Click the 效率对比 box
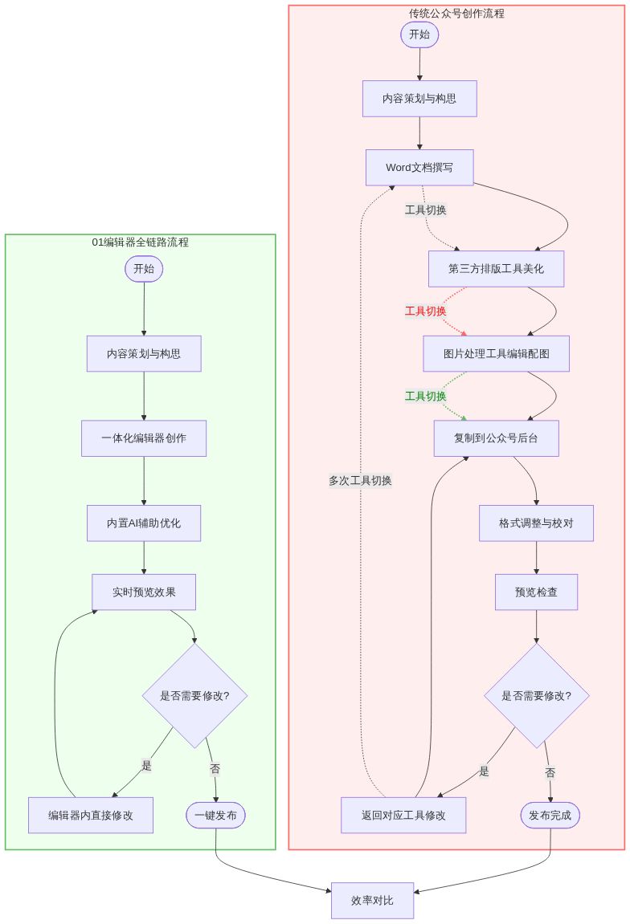[x=372, y=900]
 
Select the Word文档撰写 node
[x=419, y=167]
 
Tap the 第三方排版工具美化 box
[x=496, y=268]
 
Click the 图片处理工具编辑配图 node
[x=496, y=353]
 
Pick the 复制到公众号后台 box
[x=496, y=438]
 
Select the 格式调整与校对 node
[x=536, y=523]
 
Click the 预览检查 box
[x=536, y=592]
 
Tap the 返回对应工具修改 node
[x=403, y=815]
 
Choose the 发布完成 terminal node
[x=550, y=815]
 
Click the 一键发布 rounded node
[x=215, y=815]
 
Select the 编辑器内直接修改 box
[x=91, y=815]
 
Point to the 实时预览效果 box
[x=144, y=592]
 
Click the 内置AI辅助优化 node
[x=144, y=523]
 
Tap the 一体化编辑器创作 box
[x=144, y=438]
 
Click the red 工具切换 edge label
[x=425, y=311]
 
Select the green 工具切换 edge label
[x=425, y=396]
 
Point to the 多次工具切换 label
[x=360, y=481]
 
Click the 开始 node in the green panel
[x=144, y=268]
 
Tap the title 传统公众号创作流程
[x=456, y=13]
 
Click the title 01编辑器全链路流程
[x=141, y=242]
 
